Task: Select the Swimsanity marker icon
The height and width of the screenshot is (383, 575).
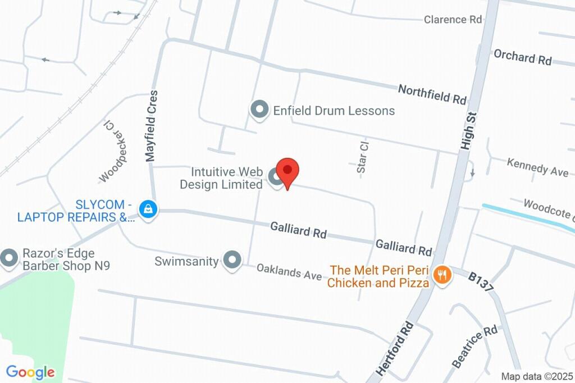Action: click(x=232, y=260)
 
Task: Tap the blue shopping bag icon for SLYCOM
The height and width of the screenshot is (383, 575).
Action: click(x=148, y=210)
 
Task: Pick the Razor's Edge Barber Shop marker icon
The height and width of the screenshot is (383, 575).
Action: click(x=9, y=259)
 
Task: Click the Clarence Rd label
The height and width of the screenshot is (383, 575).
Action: click(x=453, y=19)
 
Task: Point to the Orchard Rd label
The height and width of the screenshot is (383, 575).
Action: click(x=522, y=57)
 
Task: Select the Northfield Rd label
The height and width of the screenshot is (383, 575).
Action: click(x=432, y=94)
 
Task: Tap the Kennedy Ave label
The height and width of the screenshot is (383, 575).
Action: click(x=537, y=167)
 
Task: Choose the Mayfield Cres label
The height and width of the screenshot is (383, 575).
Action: click(x=151, y=126)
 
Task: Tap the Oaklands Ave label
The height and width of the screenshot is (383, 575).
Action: click(x=289, y=272)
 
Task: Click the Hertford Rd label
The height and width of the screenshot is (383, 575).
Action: click(x=395, y=349)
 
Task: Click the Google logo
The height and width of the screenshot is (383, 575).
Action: click(x=30, y=372)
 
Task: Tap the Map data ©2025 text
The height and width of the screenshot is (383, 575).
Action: click(x=536, y=376)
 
